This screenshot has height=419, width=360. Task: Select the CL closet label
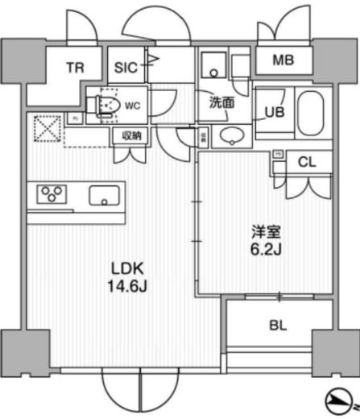307,162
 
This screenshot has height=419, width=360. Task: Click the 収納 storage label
132,135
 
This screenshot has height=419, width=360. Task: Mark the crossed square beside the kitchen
45,128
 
